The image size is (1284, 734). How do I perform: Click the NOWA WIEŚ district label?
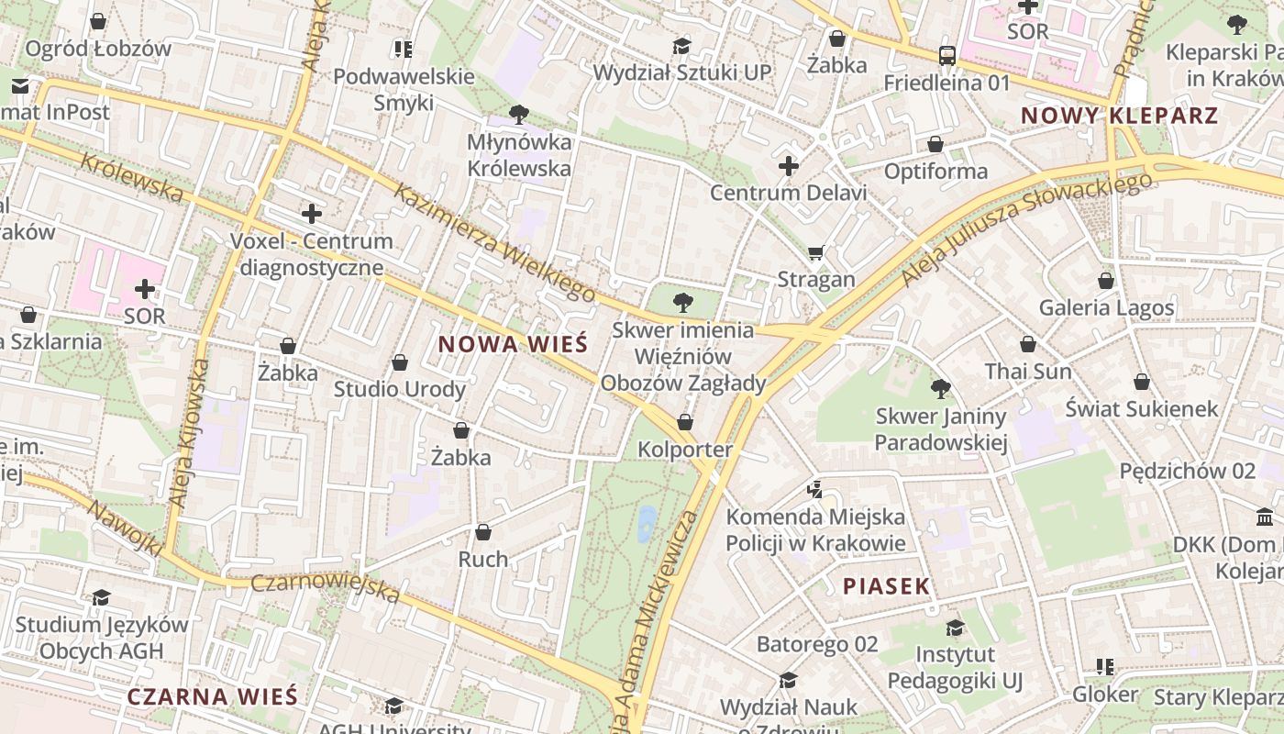click(512, 345)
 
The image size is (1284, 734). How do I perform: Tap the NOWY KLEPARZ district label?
click(1119, 116)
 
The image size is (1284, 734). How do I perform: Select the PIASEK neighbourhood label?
click(886, 586)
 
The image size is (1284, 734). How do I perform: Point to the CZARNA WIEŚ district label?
click(212, 696)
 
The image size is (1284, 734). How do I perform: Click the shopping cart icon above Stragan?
click(816, 252)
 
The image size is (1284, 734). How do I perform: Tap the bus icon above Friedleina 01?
click(946, 56)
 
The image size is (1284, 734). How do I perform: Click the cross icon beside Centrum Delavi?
click(788, 166)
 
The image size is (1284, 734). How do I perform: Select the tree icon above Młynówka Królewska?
click(519, 115)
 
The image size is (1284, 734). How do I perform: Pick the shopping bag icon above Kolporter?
click(685, 422)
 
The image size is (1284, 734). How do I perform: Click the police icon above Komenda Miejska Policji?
click(814, 490)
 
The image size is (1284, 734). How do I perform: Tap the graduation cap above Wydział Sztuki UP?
click(681, 46)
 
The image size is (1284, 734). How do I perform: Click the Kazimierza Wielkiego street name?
click(495, 242)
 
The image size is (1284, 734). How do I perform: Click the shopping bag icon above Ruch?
click(482, 532)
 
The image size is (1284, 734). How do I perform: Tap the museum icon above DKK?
click(1265, 517)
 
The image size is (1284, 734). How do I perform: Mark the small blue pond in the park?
click(647, 521)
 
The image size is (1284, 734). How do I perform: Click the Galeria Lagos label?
click(1106, 307)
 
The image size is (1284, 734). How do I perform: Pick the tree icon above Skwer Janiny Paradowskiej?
click(940, 389)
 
